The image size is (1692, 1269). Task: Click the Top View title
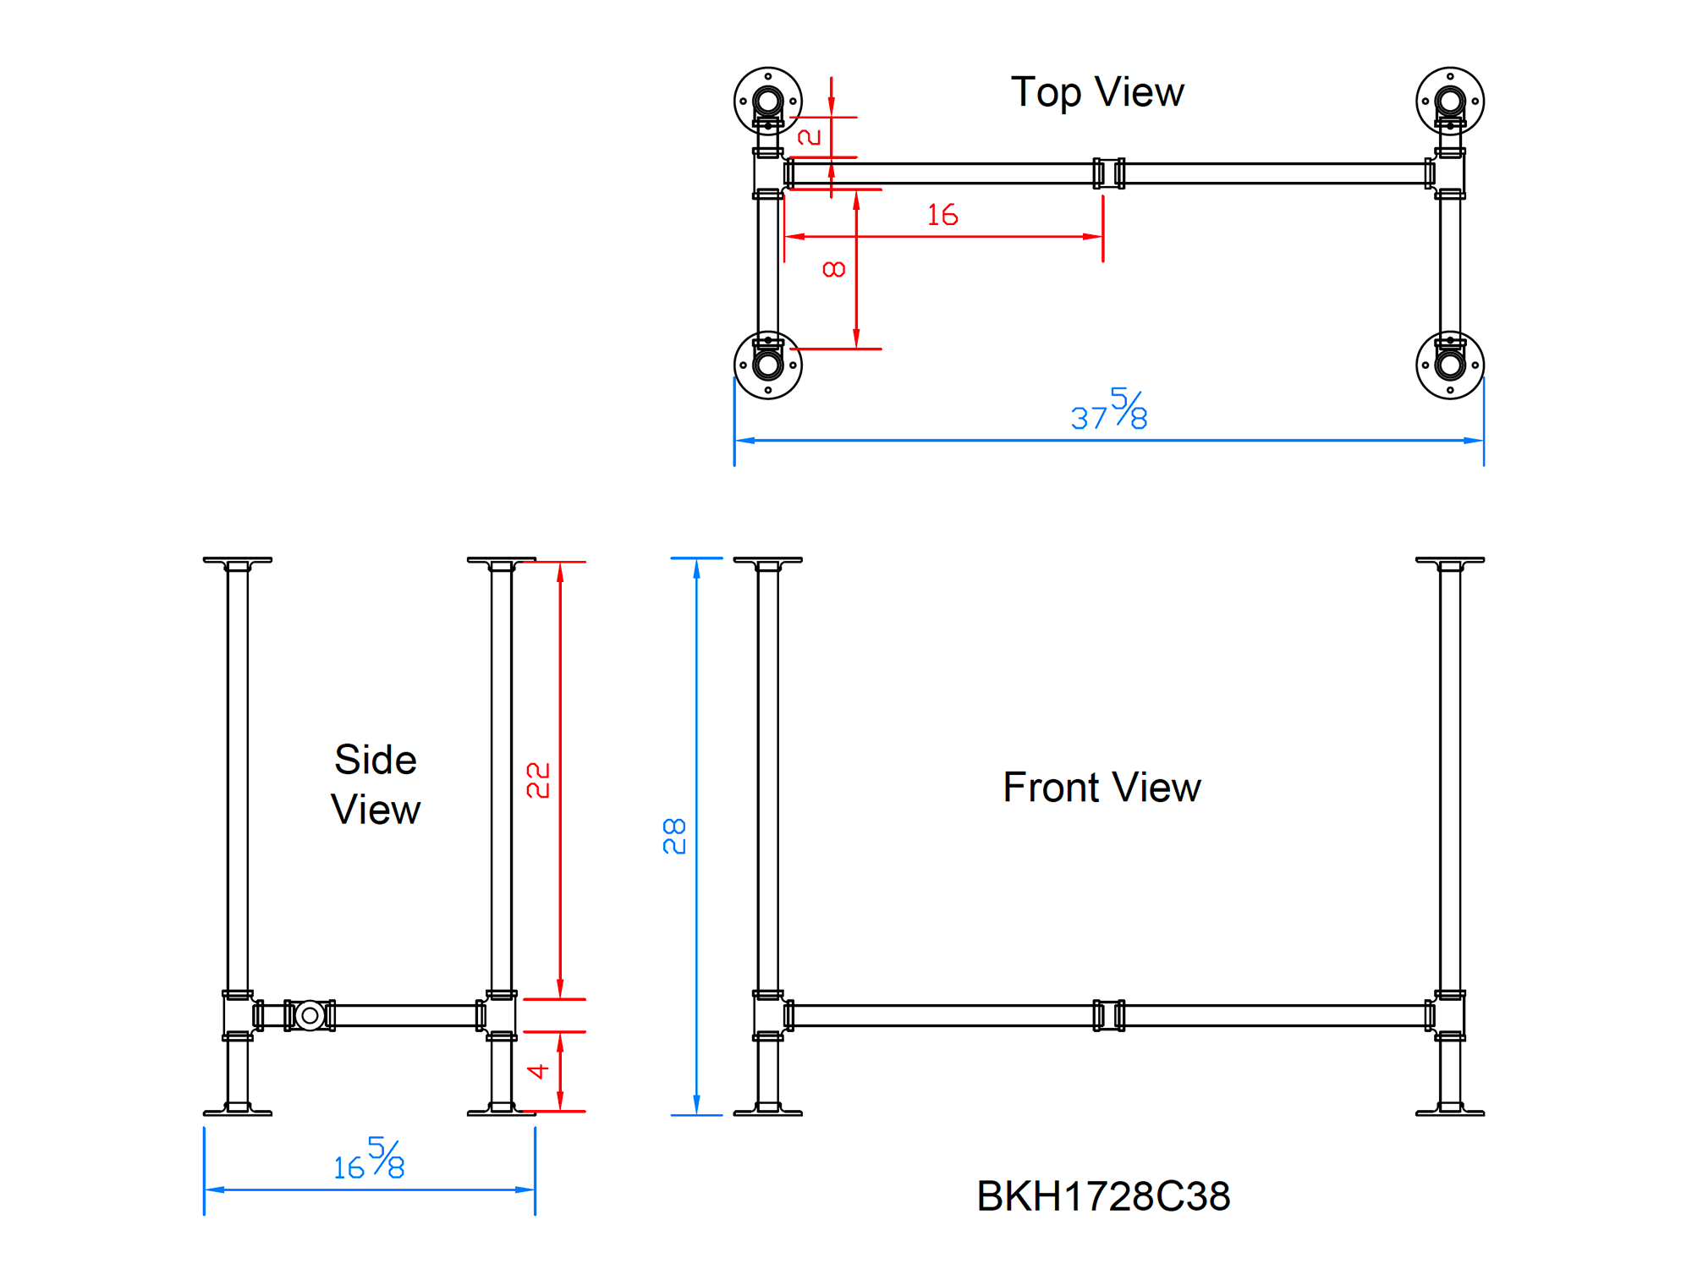point(1097,92)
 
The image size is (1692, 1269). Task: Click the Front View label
point(1101,788)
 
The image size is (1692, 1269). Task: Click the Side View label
point(376,784)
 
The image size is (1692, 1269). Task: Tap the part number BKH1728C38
point(1103,1196)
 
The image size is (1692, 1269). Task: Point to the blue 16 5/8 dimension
point(370,1161)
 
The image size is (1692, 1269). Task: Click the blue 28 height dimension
point(674,836)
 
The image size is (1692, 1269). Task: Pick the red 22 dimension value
point(538,780)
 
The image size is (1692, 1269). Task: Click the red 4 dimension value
point(538,1072)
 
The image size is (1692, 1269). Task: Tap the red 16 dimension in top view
point(942,215)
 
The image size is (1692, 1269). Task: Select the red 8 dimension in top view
point(834,269)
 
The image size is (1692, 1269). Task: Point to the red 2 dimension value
point(810,137)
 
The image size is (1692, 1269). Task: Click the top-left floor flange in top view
point(767,102)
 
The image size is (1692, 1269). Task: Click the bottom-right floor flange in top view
point(1450,365)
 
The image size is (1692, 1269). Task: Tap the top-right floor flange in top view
point(1450,102)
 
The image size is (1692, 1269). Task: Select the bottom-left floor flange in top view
point(767,365)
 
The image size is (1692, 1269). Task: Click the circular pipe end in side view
point(310,1015)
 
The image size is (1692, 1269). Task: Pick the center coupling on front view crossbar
point(1108,1015)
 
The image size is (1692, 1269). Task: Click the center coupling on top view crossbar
point(1108,173)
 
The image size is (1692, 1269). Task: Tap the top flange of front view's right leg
point(1450,560)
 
